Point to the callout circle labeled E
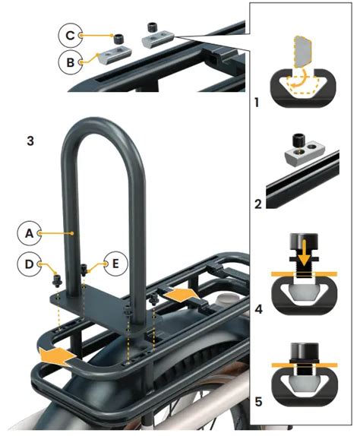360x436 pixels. [x=116, y=264]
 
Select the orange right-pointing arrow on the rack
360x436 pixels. [x=182, y=293]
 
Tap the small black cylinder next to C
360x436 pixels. [x=118, y=37]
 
